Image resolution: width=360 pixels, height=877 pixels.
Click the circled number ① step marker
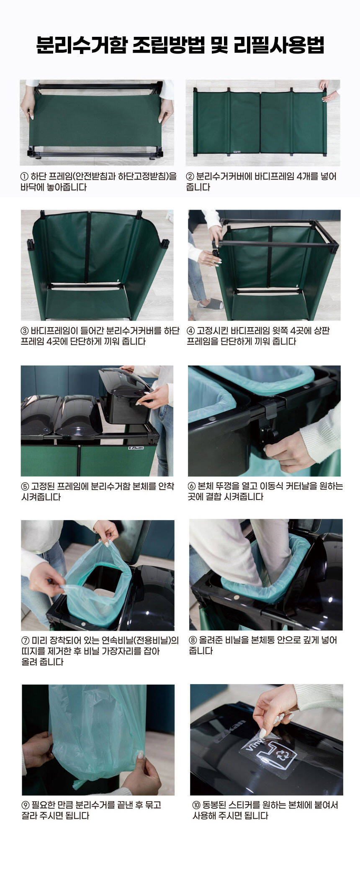24,177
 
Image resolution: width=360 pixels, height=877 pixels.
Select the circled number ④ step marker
191,331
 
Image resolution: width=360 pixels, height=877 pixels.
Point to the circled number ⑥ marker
192,486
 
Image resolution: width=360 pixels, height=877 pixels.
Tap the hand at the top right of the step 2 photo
329,91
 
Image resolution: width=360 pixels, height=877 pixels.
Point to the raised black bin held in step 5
126,395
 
